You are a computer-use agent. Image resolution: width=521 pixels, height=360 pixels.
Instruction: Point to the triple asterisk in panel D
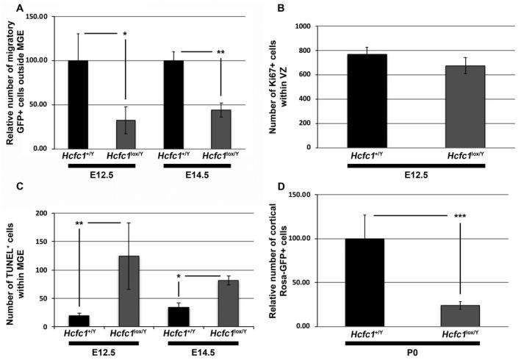coord(459,217)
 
